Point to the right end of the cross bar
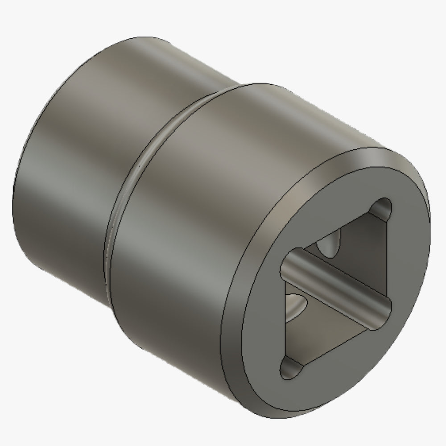click(x=387, y=308)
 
